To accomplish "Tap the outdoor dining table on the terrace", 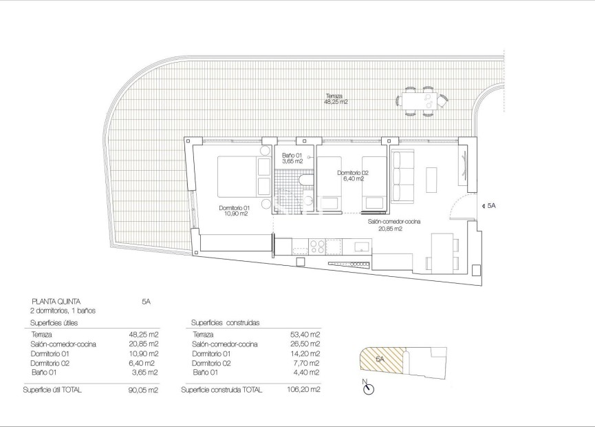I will [419, 99].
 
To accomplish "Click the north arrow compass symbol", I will [369, 388].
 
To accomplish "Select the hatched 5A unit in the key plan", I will [378, 360].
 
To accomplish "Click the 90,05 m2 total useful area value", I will [144, 390].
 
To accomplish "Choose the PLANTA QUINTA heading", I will [56, 301].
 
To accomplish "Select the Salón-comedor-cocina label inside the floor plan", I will [394, 222].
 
